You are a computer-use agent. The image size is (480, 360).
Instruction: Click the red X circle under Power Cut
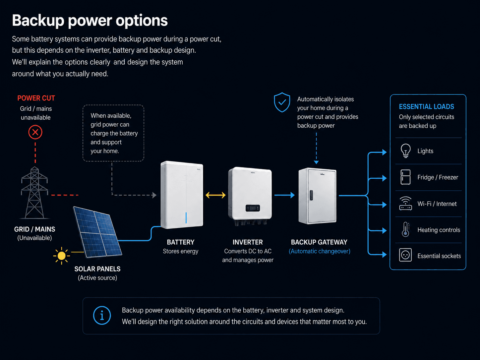tap(35, 132)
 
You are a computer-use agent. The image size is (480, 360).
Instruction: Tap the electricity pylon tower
tap(34, 192)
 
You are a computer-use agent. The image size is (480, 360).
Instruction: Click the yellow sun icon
tap(61, 256)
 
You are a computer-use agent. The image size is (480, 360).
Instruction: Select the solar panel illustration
tap(97, 232)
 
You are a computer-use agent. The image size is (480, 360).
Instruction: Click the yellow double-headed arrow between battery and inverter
tap(215, 195)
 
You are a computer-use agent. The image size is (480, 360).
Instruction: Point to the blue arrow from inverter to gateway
tap(284, 195)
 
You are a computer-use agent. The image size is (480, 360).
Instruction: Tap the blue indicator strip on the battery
tap(186, 217)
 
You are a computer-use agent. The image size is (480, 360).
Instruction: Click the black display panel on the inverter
tap(253, 208)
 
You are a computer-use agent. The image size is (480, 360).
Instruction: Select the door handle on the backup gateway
tap(311, 195)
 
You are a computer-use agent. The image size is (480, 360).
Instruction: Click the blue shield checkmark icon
tap(282, 102)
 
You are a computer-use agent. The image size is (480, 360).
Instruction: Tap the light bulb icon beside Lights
tap(406, 150)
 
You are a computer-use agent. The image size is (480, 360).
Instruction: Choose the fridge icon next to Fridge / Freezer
tap(405, 177)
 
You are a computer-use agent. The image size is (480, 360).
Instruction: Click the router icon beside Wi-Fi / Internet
tap(406, 204)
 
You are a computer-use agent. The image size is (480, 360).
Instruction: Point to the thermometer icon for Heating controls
tap(406, 229)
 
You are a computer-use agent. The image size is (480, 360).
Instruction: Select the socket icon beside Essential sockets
tap(405, 255)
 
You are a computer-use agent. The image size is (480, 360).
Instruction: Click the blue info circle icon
tap(102, 315)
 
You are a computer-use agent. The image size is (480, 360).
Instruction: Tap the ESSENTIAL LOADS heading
tap(426, 107)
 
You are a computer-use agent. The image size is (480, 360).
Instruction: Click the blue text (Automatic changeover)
tap(320, 251)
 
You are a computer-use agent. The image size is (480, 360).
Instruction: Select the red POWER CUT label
tap(36, 98)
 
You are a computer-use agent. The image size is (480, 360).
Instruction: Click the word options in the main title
tap(142, 21)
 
